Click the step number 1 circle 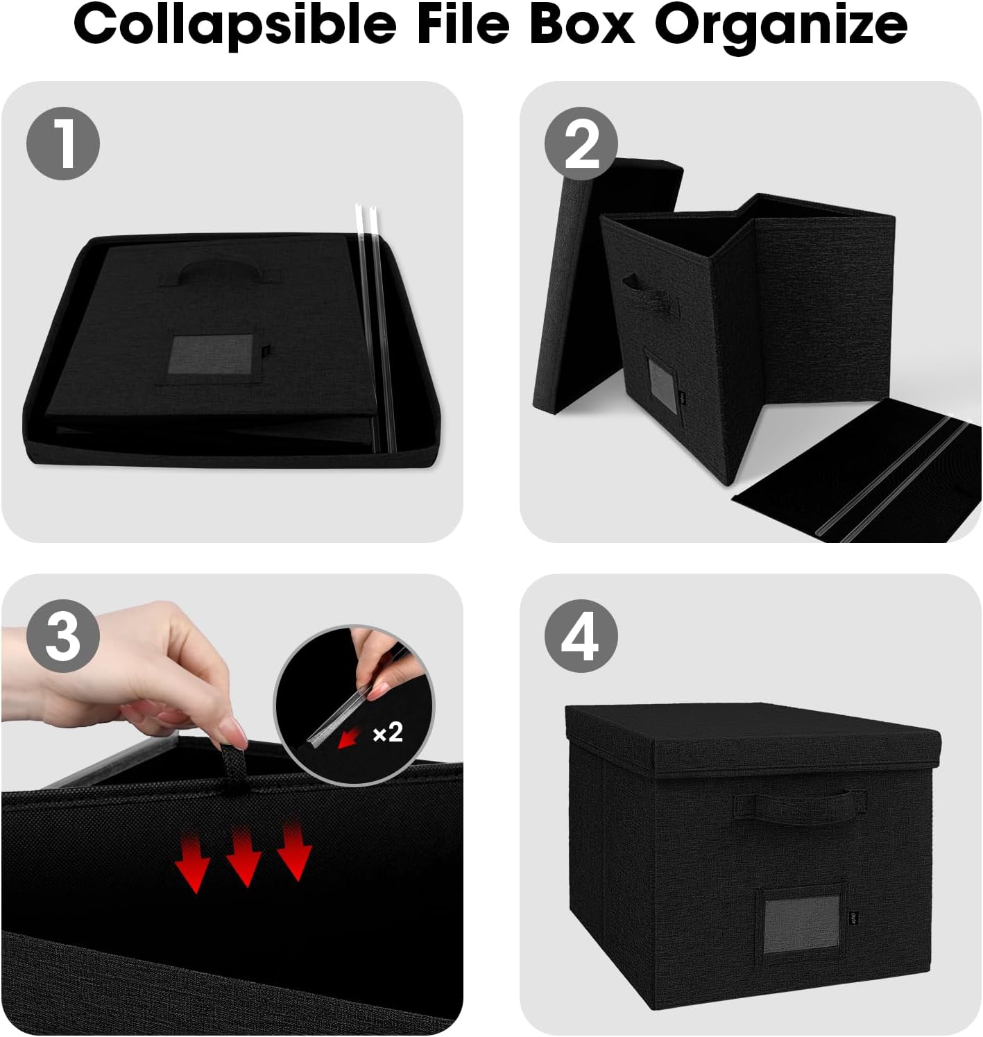pyautogui.click(x=63, y=144)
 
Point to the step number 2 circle pyautogui.click(x=581, y=144)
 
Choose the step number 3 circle pyautogui.click(x=63, y=636)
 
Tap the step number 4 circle pyautogui.click(x=581, y=636)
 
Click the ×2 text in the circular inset pyautogui.click(x=388, y=732)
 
